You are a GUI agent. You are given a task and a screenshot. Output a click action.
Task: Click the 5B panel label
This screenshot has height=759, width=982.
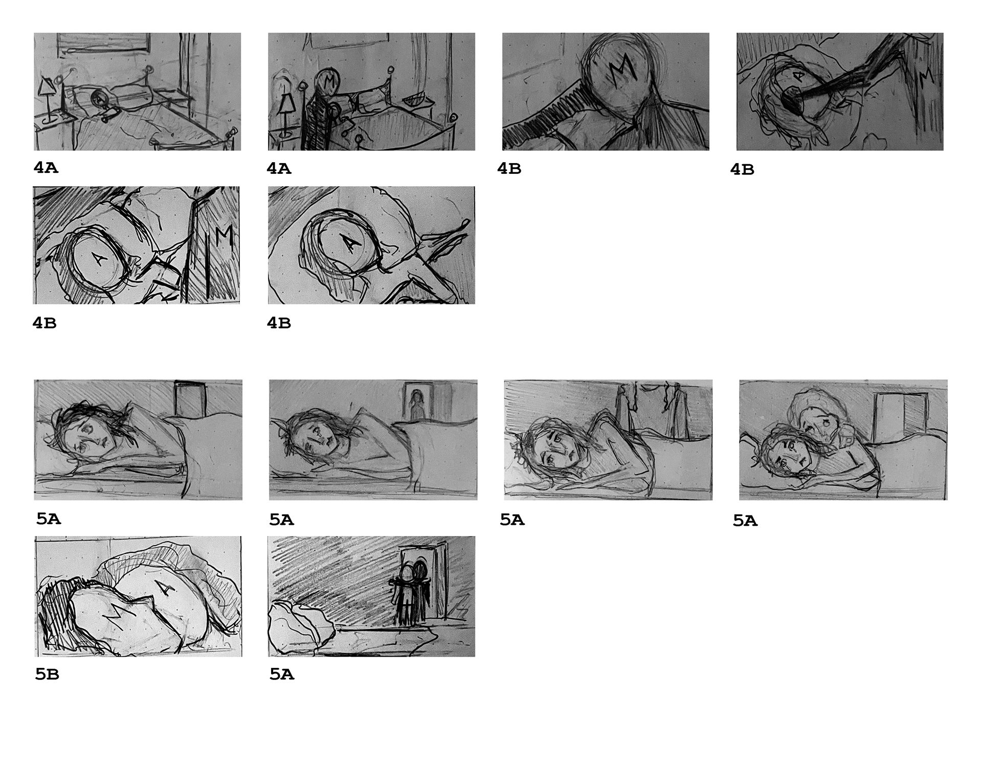click(47, 675)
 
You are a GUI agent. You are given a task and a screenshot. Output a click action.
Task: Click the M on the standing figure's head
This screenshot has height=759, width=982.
click(328, 80)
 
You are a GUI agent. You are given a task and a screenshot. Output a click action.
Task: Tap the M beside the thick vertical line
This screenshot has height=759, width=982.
click(224, 236)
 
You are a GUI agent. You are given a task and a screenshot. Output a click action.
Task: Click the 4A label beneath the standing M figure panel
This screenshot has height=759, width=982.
click(279, 168)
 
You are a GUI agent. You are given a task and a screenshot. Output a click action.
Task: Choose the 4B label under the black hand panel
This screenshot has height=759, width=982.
click(742, 169)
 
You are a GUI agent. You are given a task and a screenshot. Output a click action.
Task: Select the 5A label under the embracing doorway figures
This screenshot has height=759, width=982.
click(282, 675)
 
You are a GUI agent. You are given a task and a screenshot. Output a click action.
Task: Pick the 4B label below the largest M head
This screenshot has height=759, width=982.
click(509, 169)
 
